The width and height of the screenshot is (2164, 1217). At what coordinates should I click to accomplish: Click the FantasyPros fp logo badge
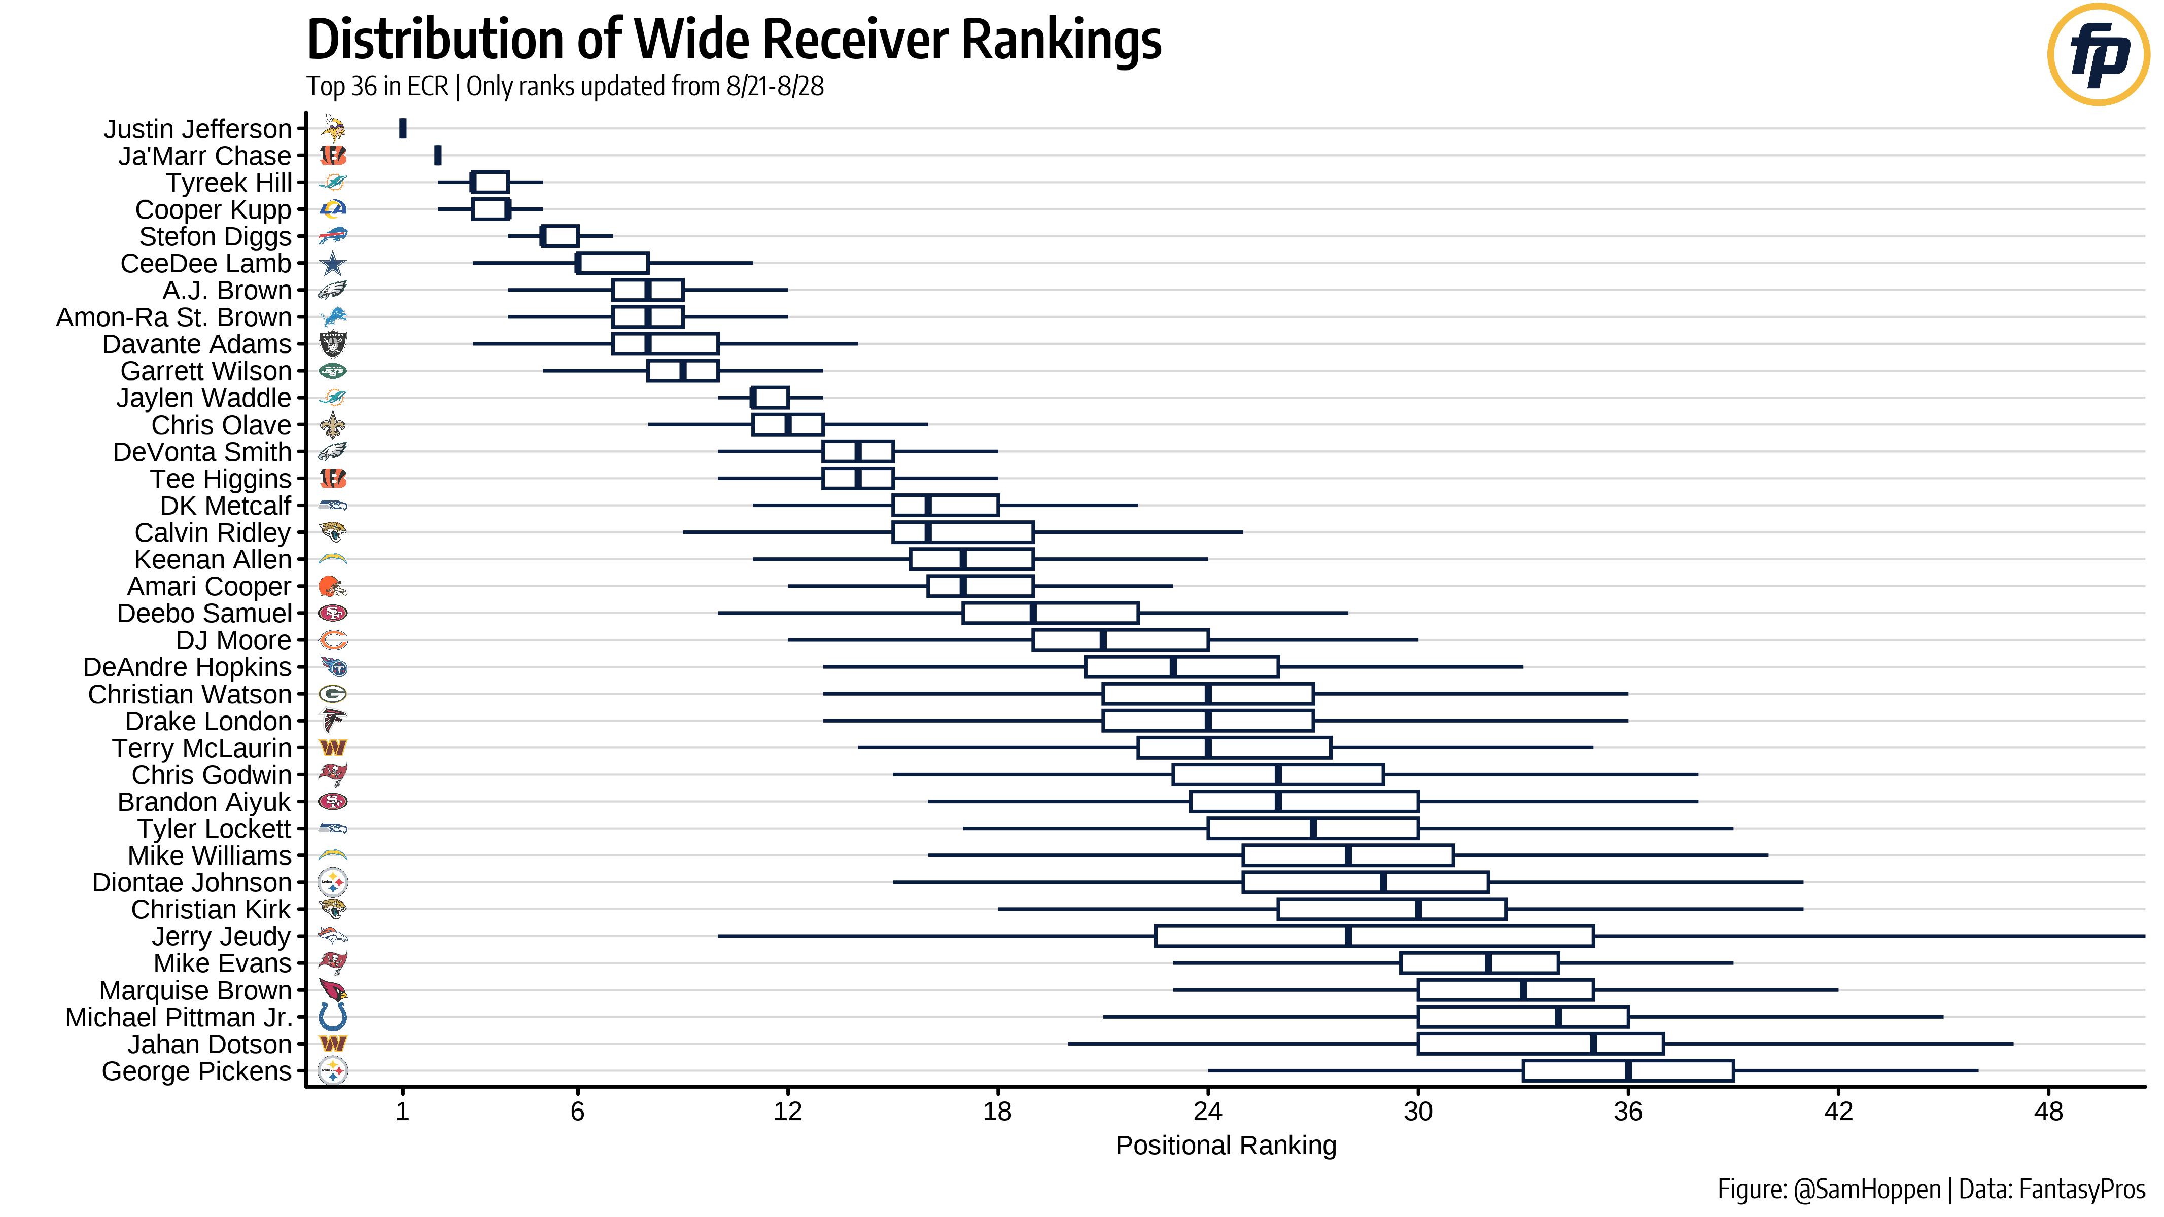[x=2098, y=55]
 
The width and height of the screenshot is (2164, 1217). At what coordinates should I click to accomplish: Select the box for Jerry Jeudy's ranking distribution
[x=1374, y=936]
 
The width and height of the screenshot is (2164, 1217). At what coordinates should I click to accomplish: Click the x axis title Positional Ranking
[x=1225, y=1146]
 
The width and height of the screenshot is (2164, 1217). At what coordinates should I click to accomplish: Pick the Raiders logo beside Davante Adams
[x=333, y=343]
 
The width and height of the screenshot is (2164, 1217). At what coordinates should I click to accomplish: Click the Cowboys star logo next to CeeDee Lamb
[x=333, y=264]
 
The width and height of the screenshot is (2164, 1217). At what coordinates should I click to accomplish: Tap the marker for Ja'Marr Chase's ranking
[x=438, y=155]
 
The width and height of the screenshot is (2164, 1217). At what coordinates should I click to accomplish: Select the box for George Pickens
[x=1627, y=1071]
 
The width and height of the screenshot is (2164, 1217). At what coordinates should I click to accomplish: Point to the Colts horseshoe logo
[x=333, y=1017]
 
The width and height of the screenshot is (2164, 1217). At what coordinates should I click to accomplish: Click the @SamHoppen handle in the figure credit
[x=1867, y=1189]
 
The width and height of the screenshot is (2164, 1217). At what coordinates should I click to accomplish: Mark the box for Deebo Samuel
[x=1050, y=613]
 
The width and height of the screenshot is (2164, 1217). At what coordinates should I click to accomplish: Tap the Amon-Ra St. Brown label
[x=174, y=317]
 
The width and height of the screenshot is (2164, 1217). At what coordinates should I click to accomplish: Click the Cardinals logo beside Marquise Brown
[x=333, y=990]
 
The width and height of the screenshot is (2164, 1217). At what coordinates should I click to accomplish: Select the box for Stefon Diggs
[x=560, y=236]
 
